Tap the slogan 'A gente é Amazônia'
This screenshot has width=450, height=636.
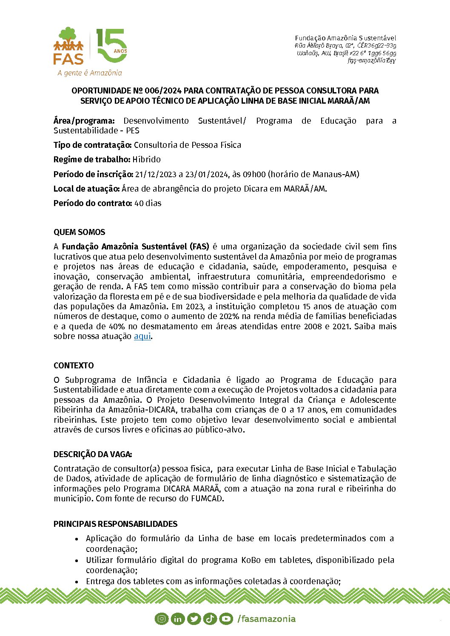pos(90,73)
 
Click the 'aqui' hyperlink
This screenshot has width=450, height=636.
pos(142,336)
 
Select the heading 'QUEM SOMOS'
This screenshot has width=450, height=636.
pos(79,232)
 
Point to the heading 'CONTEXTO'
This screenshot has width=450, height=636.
pos(74,365)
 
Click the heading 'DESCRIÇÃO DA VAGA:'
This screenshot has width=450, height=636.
pos(93,454)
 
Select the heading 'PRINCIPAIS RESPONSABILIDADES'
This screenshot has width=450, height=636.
pos(115,524)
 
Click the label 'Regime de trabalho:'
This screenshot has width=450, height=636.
pos(92,159)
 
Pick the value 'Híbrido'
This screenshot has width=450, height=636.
pos(147,159)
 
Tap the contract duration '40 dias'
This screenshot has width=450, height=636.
pos(148,203)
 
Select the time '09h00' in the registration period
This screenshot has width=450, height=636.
pos(254,174)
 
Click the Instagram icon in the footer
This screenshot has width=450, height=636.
pos(162,619)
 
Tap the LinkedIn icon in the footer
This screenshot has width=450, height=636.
pos(177,619)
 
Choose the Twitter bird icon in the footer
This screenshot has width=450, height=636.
pos(194,619)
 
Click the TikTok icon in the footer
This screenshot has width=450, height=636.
pos(210,619)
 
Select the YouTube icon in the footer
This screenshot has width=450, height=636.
pos(226,619)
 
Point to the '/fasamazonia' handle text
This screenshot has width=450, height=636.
pos(266,619)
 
